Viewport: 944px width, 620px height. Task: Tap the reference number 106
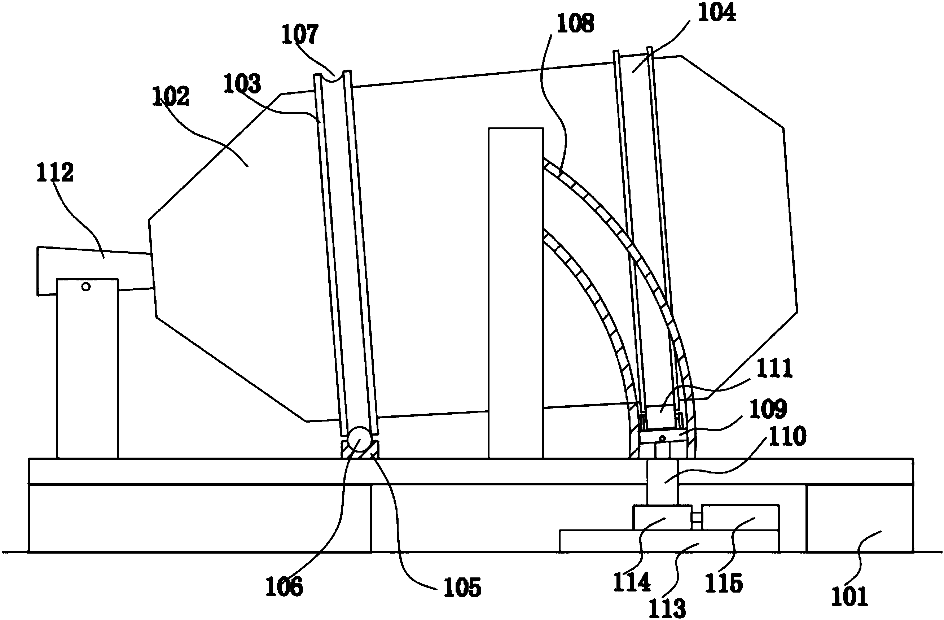284,586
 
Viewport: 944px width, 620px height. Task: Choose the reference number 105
462,587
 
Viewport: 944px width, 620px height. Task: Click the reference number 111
774,368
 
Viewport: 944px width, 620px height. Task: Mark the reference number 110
788,436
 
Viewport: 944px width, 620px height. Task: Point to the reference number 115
724,582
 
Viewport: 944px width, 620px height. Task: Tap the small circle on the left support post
86,286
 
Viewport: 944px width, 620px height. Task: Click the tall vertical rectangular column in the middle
515,293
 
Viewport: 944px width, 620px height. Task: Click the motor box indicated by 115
740,517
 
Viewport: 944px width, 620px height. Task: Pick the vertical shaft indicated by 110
662,482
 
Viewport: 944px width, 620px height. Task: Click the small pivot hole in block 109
662,438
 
